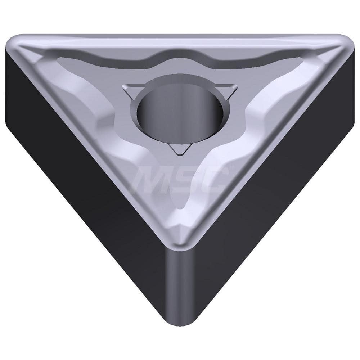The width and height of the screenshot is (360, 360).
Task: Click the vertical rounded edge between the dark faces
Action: (x=179, y=288)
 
